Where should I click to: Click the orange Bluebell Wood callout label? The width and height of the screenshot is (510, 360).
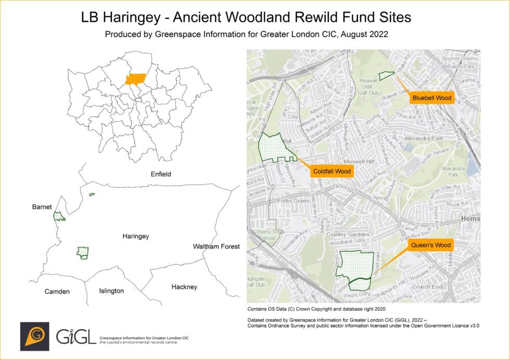pyautogui.click(x=431, y=97)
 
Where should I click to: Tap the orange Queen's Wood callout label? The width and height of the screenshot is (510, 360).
pyautogui.click(x=430, y=245)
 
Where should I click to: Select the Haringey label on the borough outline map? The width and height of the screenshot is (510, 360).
pyautogui.click(x=135, y=236)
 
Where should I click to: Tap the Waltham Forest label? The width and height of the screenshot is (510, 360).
pyautogui.click(x=216, y=246)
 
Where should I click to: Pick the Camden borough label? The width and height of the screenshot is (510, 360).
pyautogui.click(x=57, y=291)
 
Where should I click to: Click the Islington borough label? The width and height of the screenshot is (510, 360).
pyautogui.click(x=111, y=291)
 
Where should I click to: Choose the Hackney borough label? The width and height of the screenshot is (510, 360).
pyautogui.click(x=184, y=287)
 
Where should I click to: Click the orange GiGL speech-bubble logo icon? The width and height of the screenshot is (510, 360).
pyautogui.click(x=34, y=336)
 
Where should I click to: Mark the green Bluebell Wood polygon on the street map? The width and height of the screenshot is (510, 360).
pyautogui.click(x=386, y=75)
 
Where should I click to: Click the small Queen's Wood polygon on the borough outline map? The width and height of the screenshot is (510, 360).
pyautogui.click(x=82, y=253)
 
